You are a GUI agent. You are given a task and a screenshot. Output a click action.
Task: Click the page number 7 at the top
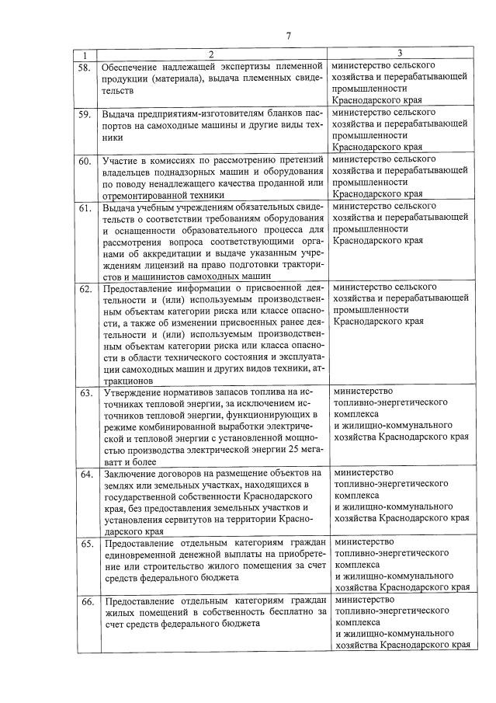[288, 36]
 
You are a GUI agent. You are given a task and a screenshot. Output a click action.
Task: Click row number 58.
[85, 68]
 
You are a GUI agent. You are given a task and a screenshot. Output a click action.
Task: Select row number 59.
[85, 115]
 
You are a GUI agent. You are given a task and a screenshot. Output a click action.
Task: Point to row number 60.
[85, 162]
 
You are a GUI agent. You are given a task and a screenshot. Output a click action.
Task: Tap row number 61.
[85, 208]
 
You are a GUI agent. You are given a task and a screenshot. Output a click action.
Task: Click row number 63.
[85, 393]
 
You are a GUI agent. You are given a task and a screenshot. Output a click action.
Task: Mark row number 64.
[85, 474]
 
